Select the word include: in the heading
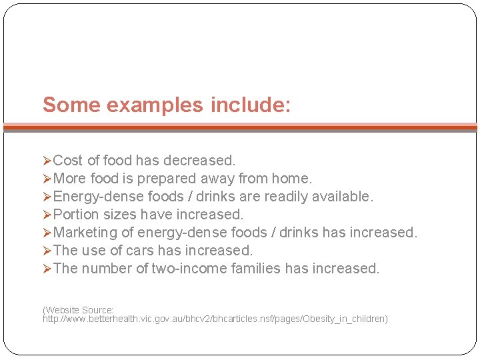click(x=251, y=105)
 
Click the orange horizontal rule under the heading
click(x=240, y=126)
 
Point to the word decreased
click(x=202, y=161)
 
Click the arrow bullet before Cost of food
click(x=47, y=161)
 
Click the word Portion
click(x=75, y=215)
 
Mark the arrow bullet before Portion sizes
click(x=47, y=215)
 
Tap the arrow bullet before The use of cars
click(x=47, y=251)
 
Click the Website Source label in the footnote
click(x=78, y=310)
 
